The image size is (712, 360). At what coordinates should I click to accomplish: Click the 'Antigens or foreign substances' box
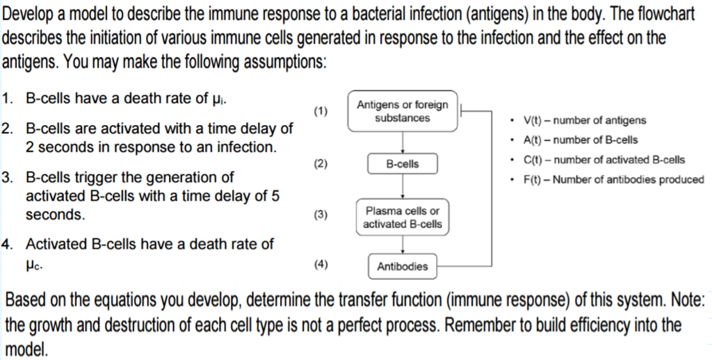403,111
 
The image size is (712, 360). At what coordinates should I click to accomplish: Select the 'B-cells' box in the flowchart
403,164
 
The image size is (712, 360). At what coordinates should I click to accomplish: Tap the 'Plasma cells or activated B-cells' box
403,217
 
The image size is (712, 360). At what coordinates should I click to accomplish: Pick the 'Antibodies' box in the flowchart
403,266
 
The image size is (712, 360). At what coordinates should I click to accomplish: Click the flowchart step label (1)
320,111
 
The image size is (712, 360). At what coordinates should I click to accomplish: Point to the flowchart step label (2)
320,164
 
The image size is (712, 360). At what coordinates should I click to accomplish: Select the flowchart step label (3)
320,215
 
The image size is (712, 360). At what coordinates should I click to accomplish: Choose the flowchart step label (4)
320,265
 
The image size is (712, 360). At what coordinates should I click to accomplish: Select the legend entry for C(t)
604,160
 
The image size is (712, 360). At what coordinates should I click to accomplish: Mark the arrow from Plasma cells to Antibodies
403,244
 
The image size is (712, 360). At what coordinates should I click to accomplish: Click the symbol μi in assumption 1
217,99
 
